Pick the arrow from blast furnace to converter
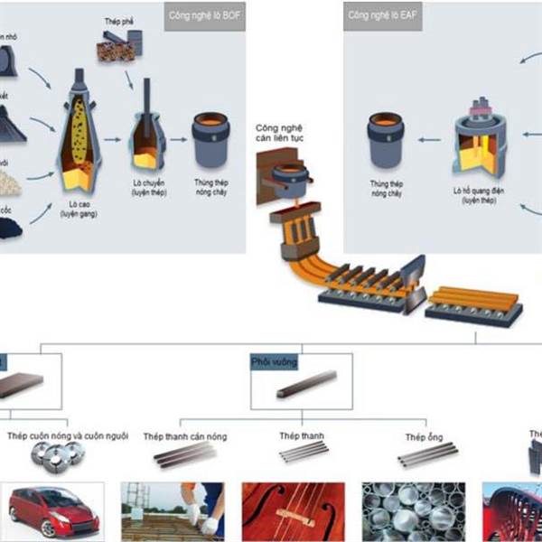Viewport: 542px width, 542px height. pos(113,140)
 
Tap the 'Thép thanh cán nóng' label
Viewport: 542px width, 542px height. pos(185,436)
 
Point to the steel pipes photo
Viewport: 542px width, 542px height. pos(414,511)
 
